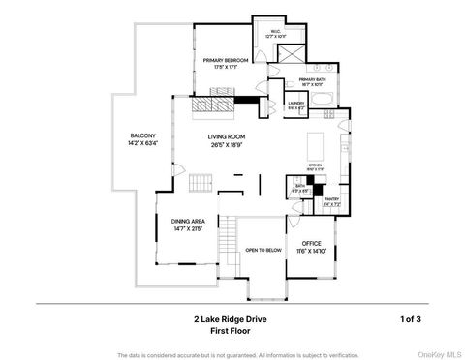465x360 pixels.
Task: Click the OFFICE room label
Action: coord(311,243)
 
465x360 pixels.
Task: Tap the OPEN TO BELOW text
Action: coord(263,249)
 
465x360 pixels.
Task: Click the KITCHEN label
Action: coord(314,165)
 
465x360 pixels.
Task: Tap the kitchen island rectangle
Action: coord(316,146)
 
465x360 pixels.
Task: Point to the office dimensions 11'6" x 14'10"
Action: coord(311,251)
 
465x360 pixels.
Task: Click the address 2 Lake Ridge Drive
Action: coord(229,317)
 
